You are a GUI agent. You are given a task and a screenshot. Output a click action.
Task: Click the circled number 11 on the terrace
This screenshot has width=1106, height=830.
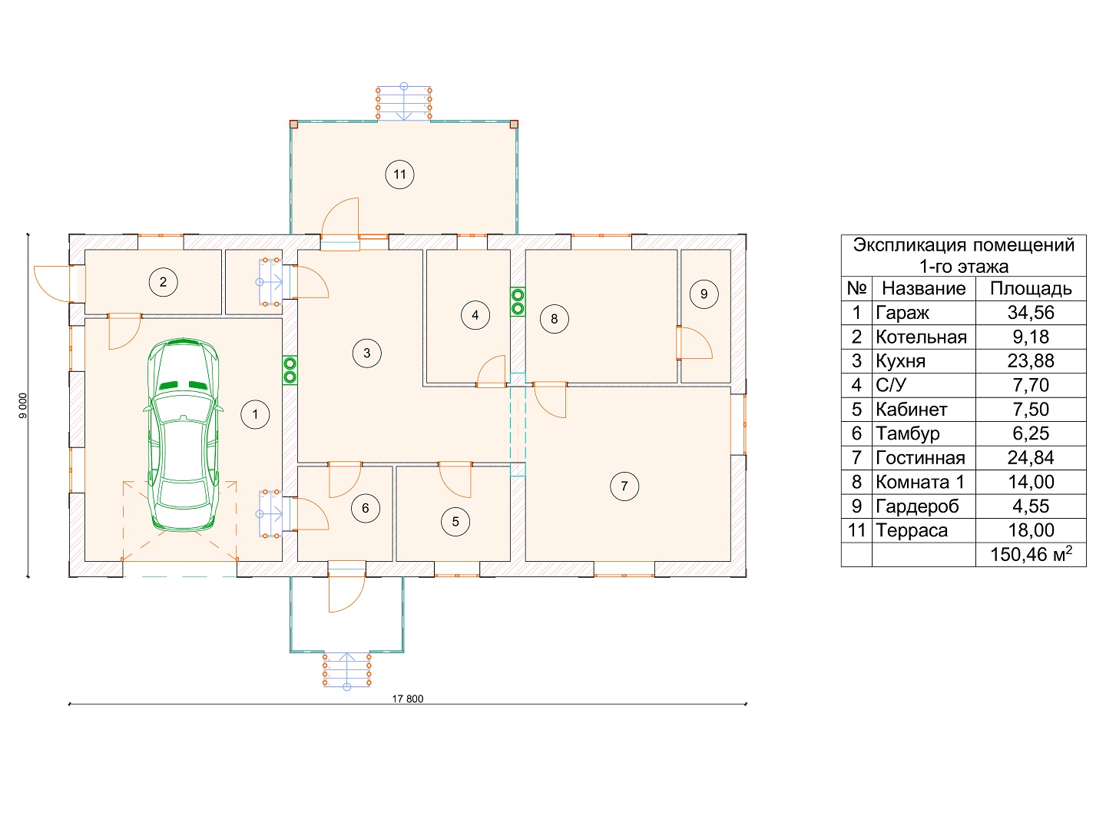[x=399, y=174]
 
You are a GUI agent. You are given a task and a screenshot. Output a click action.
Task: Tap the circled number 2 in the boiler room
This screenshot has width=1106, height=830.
[x=163, y=282]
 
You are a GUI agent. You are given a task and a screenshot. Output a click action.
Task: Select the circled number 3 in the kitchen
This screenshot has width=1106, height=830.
[x=366, y=353]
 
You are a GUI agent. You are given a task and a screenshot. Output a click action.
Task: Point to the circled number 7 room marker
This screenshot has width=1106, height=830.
[x=624, y=486]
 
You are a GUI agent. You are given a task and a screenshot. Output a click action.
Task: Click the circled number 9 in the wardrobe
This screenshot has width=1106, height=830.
[x=704, y=294]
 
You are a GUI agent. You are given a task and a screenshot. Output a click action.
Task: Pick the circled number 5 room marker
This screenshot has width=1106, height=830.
[x=455, y=521]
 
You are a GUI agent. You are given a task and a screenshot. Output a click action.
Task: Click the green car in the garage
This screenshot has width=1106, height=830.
[x=183, y=435]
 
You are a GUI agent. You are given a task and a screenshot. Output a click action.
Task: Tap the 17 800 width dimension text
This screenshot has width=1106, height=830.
[x=407, y=699]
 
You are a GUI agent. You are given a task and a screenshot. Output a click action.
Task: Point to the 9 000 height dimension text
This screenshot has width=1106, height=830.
[x=23, y=406]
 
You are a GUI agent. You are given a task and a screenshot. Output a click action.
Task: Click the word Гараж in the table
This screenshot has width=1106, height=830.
[x=902, y=313]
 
